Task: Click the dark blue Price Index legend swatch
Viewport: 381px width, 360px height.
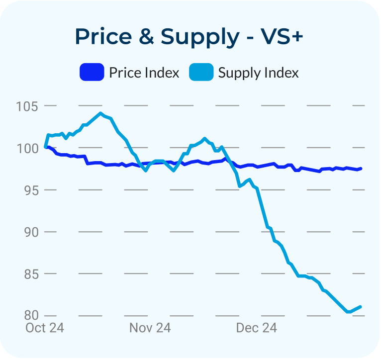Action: point(92,73)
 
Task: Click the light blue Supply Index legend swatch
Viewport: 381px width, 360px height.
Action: point(201,73)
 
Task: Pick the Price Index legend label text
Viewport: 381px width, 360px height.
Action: point(144,73)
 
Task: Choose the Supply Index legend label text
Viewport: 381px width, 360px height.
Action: point(259,73)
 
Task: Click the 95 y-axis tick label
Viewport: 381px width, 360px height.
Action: point(32,190)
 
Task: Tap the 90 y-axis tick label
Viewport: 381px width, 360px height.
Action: point(32,232)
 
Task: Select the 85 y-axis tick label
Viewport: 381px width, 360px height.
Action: point(32,273)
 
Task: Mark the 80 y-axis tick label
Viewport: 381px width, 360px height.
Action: point(32,315)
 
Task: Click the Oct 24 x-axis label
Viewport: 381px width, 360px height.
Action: point(45,328)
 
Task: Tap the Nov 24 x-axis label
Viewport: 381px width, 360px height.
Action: point(150,328)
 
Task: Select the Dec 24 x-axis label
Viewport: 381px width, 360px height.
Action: point(256,328)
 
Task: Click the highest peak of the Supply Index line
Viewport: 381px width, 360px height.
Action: point(100,113)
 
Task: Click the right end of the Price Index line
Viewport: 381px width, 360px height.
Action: point(361,169)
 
